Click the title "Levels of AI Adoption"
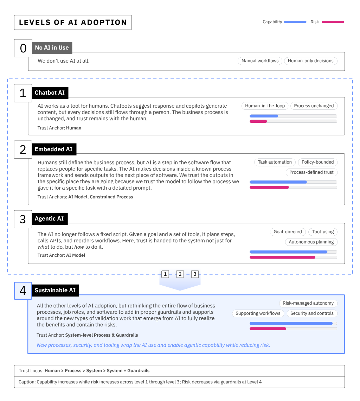coord(73,23)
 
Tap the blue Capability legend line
coord(295,22)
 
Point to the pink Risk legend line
coord(333,22)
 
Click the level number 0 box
coord(23,48)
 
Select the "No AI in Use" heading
coord(52,48)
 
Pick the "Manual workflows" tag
coord(260,61)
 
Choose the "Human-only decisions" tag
coord(310,61)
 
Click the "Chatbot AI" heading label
coord(50,93)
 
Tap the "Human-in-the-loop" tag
coord(265,106)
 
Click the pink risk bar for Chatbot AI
coord(258,121)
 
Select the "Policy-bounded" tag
coord(317,162)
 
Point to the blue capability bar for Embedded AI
coord(278,182)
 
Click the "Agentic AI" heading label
coord(49,219)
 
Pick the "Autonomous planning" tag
coord(311,242)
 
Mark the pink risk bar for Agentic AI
coord(282,257)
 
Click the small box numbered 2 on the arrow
coord(180,274)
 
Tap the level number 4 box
coord(23,291)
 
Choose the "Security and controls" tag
coord(312,313)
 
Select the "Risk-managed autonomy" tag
coord(308,303)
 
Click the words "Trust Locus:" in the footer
coord(31,371)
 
